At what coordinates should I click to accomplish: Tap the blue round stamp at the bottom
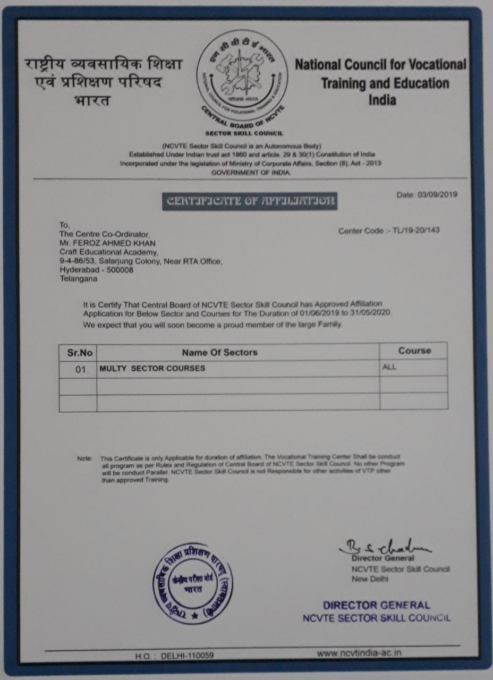coord(192,583)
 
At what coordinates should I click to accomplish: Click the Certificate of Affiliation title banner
coord(250,201)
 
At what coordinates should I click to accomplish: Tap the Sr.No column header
coord(78,352)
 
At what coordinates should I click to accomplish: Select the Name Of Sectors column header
coord(219,352)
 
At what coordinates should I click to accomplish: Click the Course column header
coord(414,351)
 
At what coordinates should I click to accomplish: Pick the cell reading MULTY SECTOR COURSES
coord(152,368)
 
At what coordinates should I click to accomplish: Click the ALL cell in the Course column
coord(389,367)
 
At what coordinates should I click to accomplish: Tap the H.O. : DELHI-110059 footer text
coord(174,656)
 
